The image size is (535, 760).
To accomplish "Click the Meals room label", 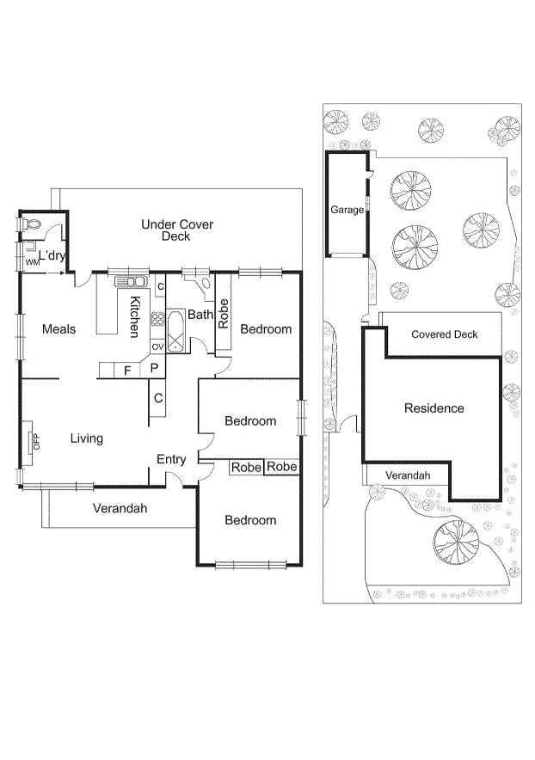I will (58, 329).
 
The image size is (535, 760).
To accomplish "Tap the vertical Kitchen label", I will (135, 316).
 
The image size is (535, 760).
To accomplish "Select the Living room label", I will (86, 438).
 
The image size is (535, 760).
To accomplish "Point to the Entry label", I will (171, 460).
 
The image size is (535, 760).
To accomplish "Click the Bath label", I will (200, 315).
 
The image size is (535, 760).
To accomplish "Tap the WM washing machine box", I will (30, 261).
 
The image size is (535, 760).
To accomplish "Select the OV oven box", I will (157, 346).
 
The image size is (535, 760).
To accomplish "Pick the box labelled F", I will (127, 371).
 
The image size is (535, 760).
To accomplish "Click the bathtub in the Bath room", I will (175, 331).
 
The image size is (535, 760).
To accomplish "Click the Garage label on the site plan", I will (347, 209).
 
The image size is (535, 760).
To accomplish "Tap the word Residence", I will (434, 408).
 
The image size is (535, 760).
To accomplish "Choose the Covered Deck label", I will (444, 334).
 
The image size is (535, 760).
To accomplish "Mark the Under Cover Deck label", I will (177, 230).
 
